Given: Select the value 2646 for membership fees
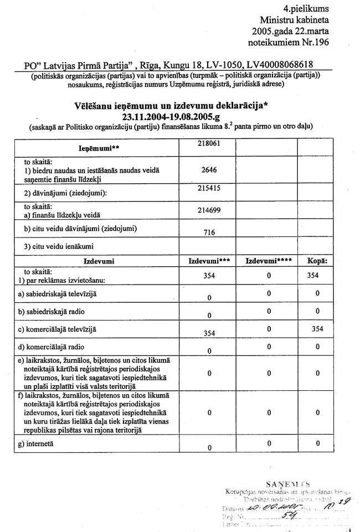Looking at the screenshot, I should coord(209,171).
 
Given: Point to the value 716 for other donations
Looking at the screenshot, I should coord(209,234).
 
